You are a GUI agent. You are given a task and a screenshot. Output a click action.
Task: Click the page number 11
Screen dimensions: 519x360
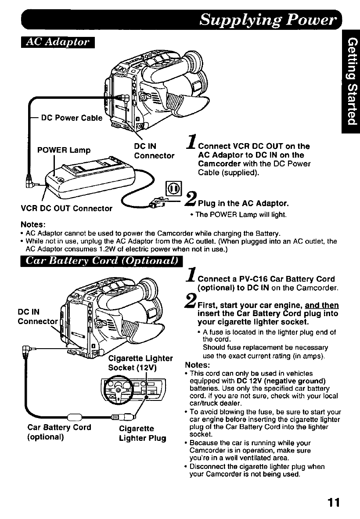click(334, 502)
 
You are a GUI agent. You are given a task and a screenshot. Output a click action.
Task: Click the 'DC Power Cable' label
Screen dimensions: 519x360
click(71, 118)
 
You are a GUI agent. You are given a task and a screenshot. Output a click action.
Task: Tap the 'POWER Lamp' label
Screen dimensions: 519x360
click(64, 150)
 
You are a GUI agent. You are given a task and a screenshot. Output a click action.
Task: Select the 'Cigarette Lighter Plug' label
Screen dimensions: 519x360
click(143, 432)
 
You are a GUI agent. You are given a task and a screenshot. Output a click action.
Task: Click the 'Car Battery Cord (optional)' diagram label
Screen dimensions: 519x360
click(59, 432)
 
